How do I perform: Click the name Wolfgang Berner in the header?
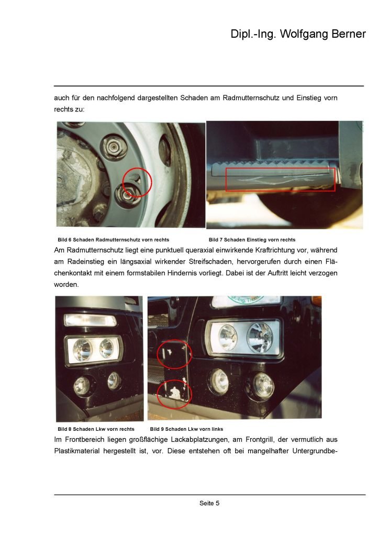pyautogui.click(x=321, y=35)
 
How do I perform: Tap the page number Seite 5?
pyautogui.click(x=209, y=503)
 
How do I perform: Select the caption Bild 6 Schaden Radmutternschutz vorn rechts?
pyautogui.click(x=113, y=240)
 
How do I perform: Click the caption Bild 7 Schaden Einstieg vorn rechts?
pyautogui.click(x=252, y=240)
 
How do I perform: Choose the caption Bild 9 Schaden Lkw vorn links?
pyautogui.click(x=186, y=429)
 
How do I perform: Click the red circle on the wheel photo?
pyautogui.click(x=137, y=183)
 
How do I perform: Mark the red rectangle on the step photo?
pyautogui.click(x=280, y=180)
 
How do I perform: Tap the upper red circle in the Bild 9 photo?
pyautogui.click(x=174, y=354)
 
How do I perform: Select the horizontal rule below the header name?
pyautogui.click(x=209, y=86)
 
